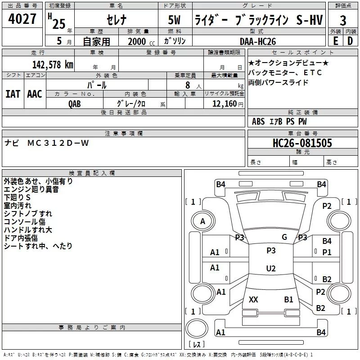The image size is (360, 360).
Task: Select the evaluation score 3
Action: pyautogui.click(x=343, y=21)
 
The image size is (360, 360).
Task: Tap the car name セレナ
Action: pyautogui.click(x=115, y=20)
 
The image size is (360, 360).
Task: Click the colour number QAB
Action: pyautogui.click(x=75, y=103)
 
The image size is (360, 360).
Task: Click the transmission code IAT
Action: pyautogui.click(x=13, y=94)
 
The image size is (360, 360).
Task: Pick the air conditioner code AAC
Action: pyautogui.click(x=34, y=94)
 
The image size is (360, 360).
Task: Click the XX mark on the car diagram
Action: pyautogui.click(x=253, y=299)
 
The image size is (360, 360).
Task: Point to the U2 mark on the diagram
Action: pyautogui.click(x=270, y=269)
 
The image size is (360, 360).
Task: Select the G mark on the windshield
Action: pyautogui.click(x=284, y=237)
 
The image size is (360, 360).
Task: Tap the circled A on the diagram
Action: pyautogui.click(x=202, y=221)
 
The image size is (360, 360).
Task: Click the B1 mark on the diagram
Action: pyautogui.click(x=288, y=299)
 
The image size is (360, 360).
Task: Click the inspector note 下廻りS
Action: pyautogui.click(x=18, y=198)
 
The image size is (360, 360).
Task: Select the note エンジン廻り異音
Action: pyautogui.click(x=31, y=190)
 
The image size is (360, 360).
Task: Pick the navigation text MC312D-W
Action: pyautogui.click(x=58, y=143)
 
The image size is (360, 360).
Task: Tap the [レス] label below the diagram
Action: pyautogui.click(x=197, y=345)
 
